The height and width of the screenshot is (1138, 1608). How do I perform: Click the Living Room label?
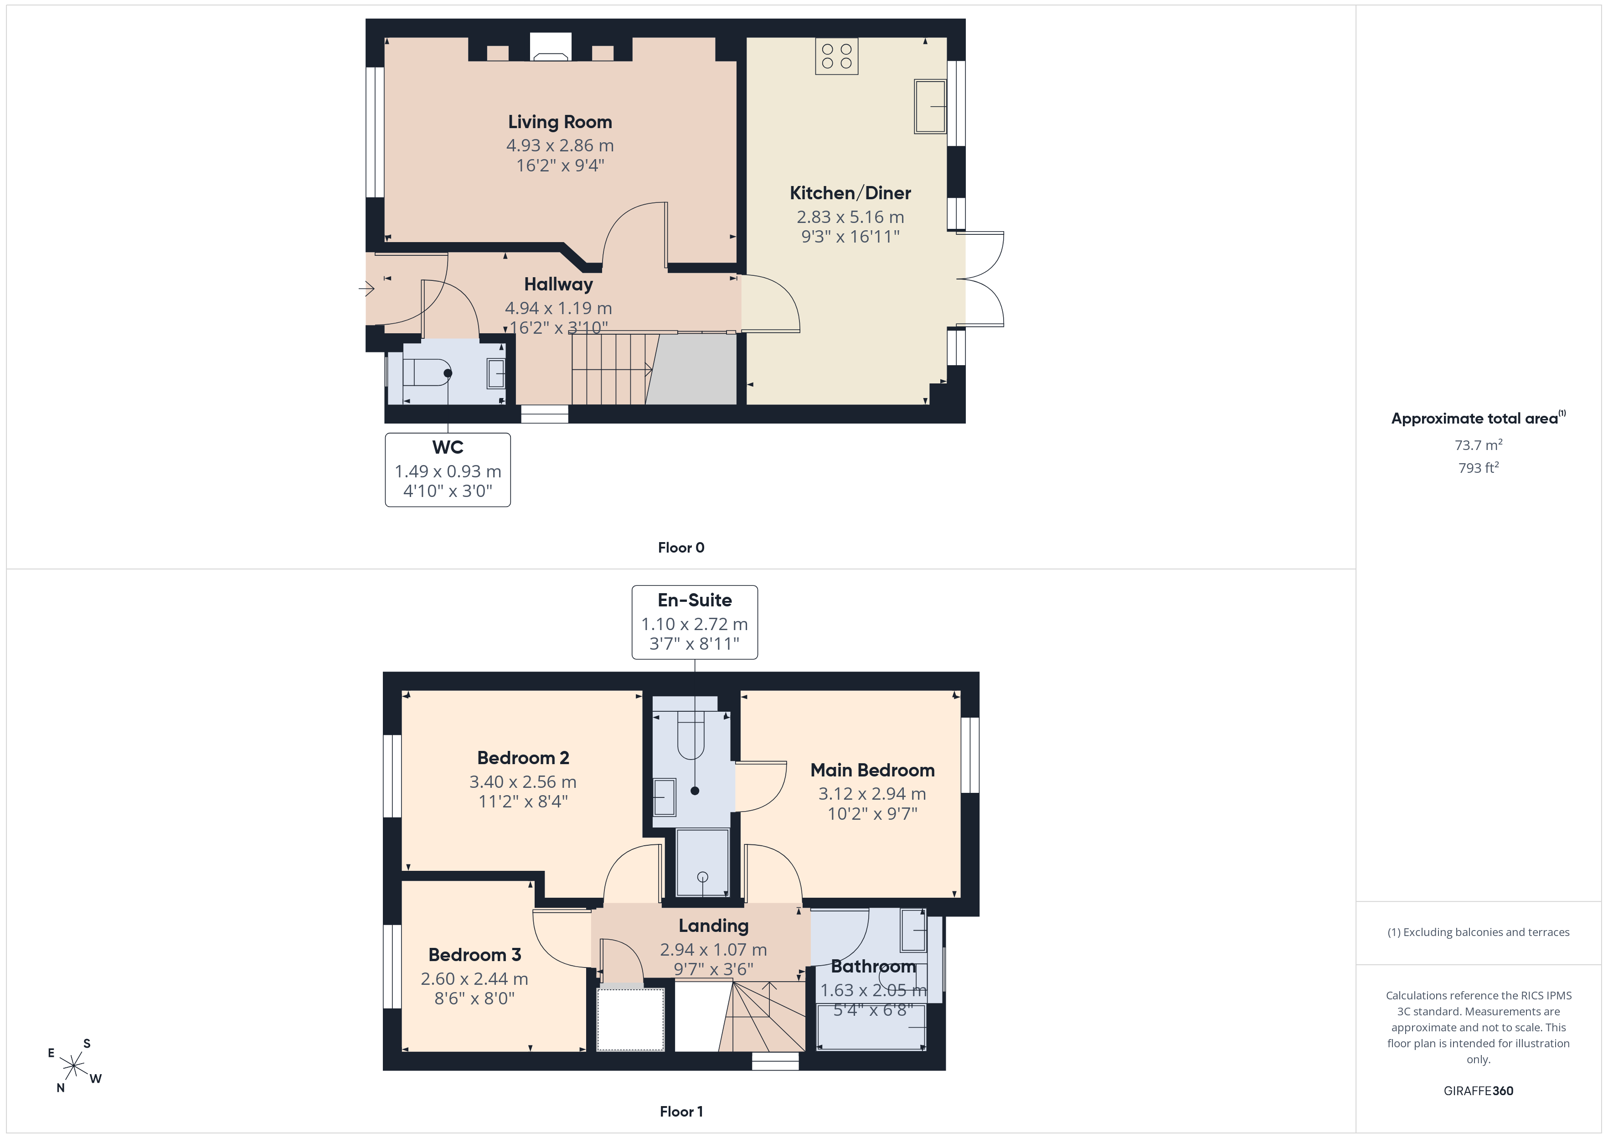560,122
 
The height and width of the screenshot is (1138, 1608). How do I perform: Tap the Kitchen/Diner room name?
850,193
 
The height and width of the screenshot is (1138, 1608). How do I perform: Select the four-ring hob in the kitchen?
837,56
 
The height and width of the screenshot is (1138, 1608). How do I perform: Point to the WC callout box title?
448,447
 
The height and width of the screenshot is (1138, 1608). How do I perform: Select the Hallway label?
558,284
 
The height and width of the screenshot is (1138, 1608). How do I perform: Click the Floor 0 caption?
681,548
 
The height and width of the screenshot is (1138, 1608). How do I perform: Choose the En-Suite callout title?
695,600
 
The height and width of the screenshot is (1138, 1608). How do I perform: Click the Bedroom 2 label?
523,758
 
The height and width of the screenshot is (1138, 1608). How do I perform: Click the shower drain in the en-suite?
702,877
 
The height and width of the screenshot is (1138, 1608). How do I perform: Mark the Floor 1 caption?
681,1112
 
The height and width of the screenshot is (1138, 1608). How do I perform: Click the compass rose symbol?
73,1066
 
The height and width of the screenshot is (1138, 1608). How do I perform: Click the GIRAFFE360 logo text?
1479,1091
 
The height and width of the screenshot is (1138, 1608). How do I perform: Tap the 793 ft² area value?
1479,467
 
